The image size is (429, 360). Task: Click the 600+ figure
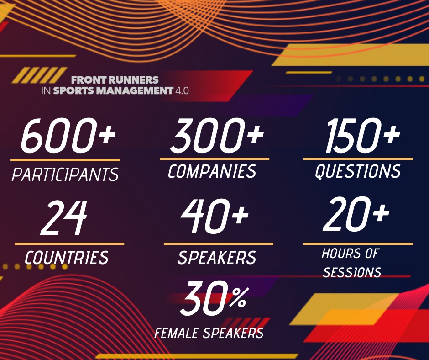click(x=68, y=135)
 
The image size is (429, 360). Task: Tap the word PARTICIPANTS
click(x=65, y=174)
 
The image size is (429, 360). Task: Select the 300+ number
click(x=217, y=135)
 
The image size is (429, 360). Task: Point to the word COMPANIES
click(x=212, y=171)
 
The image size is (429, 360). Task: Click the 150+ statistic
click(x=362, y=135)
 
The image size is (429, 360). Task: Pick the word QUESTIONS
click(x=358, y=172)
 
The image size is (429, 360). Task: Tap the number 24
click(x=64, y=218)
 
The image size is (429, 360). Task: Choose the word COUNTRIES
click(x=67, y=258)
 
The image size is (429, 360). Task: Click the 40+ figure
click(x=214, y=217)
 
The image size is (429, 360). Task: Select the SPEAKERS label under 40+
click(x=217, y=258)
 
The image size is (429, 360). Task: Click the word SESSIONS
click(x=352, y=272)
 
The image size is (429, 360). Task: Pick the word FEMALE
click(x=176, y=333)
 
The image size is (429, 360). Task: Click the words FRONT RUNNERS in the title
click(x=115, y=80)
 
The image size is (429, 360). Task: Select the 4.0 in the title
click(x=182, y=90)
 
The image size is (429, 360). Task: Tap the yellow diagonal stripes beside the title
click(x=39, y=75)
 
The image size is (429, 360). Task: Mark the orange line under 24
click(x=69, y=244)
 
